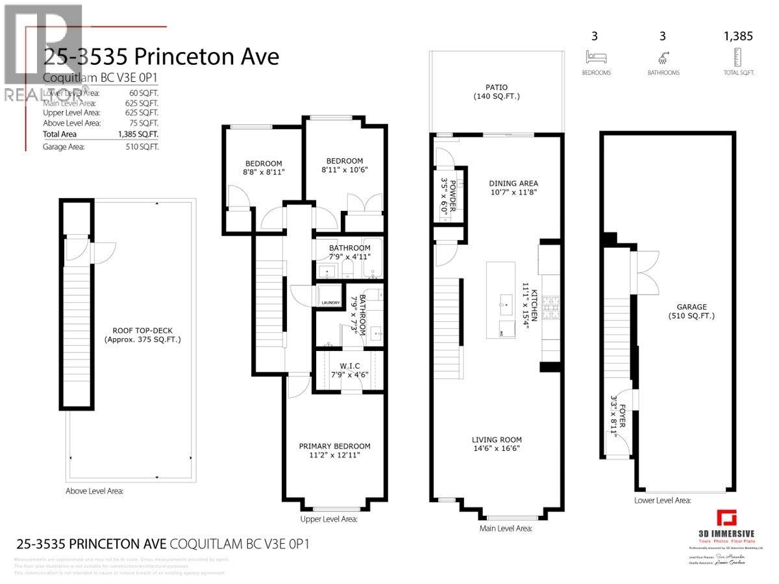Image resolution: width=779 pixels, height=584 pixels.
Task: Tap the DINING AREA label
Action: click(x=513, y=183)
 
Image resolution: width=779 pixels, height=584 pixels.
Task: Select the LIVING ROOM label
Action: click(x=496, y=439)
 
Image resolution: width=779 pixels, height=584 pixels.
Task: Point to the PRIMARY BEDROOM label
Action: click(x=334, y=446)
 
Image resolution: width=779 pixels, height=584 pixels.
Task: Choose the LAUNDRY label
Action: click(x=330, y=302)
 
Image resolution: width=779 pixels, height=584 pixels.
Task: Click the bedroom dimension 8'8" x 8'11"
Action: click(x=264, y=172)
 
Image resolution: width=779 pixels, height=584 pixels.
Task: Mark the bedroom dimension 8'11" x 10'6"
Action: click(x=344, y=170)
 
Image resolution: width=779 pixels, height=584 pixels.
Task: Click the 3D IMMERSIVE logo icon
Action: click(x=726, y=519)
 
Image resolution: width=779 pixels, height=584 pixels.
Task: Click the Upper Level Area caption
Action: click(x=328, y=519)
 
